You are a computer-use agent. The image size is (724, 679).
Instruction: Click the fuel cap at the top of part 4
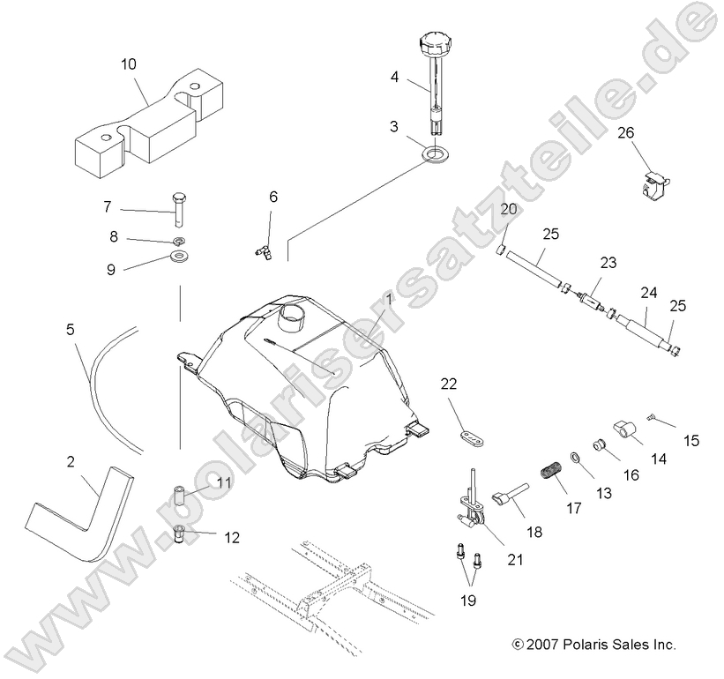pyautogui.click(x=436, y=42)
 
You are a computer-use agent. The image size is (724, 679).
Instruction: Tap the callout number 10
pyautogui.click(x=129, y=63)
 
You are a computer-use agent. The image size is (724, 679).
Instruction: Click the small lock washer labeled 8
pyautogui.click(x=178, y=240)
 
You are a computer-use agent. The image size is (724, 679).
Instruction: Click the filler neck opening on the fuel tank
pyautogui.click(x=291, y=314)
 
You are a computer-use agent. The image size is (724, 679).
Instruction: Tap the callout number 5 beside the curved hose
pyautogui.click(x=70, y=330)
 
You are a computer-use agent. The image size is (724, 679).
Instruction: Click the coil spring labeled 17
pyautogui.click(x=550, y=474)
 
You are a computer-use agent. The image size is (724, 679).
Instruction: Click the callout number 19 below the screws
pyautogui.click(x=466, y=601)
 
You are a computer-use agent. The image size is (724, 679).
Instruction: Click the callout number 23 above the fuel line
pyautogui.click(x=608, y=264)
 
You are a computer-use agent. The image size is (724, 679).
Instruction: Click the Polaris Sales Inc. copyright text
pyautogui.click(x=593, y=645)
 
